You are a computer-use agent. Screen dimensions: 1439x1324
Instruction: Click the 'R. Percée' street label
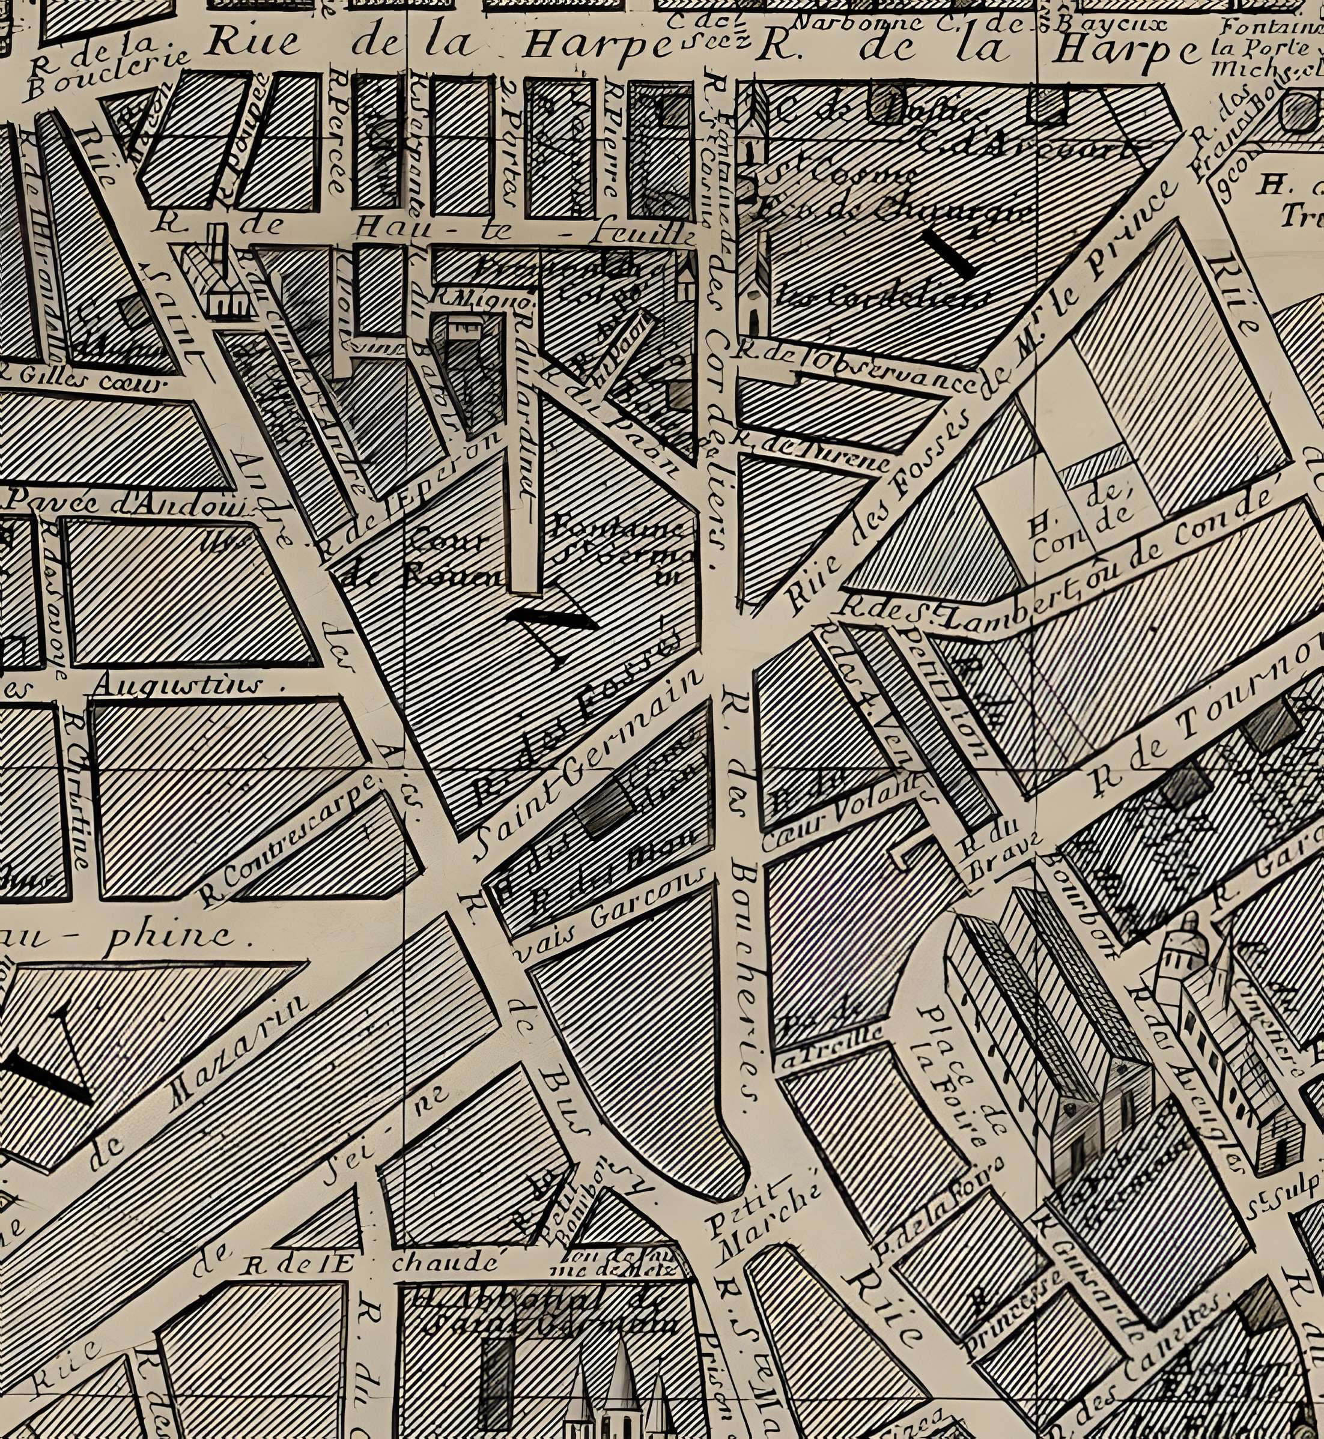pyautogui.click(x=338, y=133)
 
